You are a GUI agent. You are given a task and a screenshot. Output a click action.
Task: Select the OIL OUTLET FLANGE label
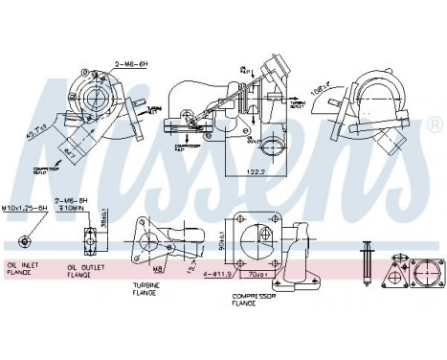pyautogui.click(x=82, y=272)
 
